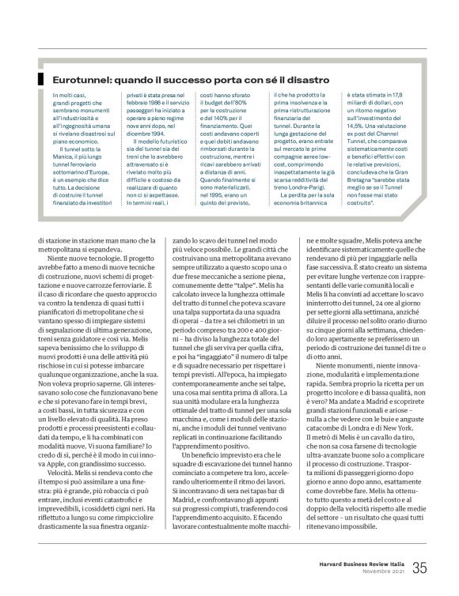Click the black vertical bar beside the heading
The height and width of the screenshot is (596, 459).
[x=39, y=80]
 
